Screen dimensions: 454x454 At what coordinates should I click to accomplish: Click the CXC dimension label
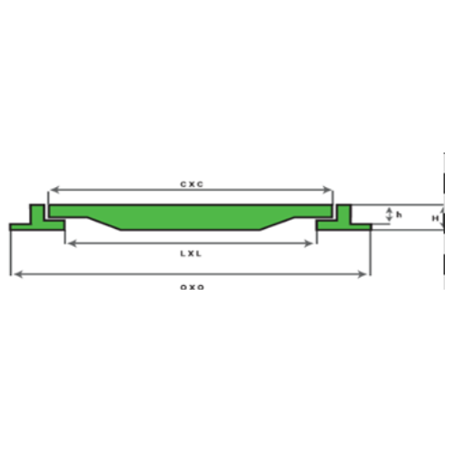tap(191, 183)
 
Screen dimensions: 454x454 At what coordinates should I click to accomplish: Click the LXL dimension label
tap(191, 253)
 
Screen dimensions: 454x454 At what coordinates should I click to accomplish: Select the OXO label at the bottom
tap(192, 286)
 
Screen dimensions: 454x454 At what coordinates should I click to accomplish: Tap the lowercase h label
tap(400, 214)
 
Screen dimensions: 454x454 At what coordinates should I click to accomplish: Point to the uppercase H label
tap(435, 219)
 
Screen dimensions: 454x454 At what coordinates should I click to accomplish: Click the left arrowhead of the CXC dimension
tap(52, 190)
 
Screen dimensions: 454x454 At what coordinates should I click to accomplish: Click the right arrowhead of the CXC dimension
tap(331, 190)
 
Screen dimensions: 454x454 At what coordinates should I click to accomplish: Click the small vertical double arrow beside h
tap(389, 214)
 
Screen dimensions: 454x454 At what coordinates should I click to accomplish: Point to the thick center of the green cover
tap(191, 217)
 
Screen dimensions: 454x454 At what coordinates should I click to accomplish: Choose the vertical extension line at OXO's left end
tap(10, 254)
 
